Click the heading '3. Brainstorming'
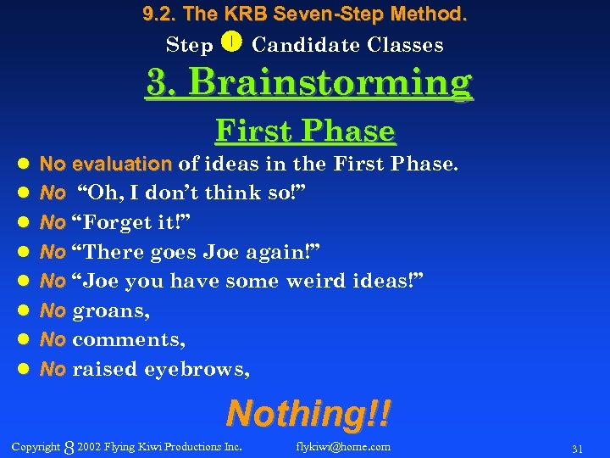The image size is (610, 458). [x=309, y=83]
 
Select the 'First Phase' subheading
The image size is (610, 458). [x=305, y=131]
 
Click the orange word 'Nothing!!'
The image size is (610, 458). [x=308, y=414]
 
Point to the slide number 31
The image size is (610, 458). [x=578, y=448]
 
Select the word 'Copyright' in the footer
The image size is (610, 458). [x=36, y=447]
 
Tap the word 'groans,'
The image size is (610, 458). [x=112, y=311]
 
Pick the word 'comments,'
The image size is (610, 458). [x=129, y=340]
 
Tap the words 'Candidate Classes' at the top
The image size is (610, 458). [x=347, y=45]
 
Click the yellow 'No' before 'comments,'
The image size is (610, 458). [x=53, y=340]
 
